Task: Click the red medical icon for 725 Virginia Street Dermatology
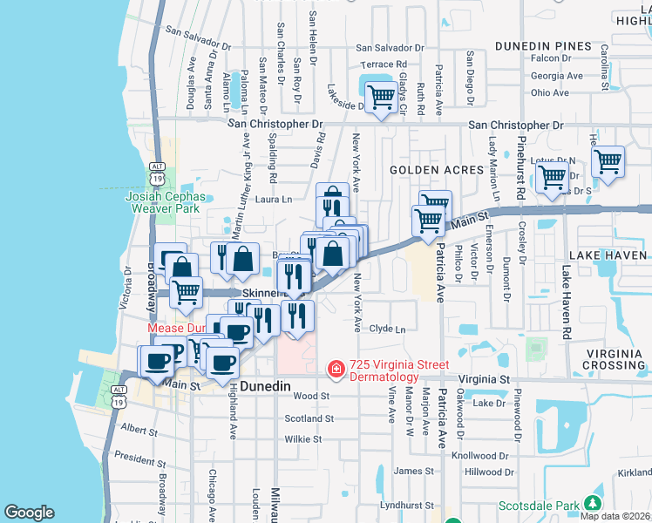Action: [335, 370]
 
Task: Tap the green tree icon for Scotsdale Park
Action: [594, 504]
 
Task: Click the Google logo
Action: [29, 513]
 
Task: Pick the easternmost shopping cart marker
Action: [607, 160]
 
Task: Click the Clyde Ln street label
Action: [388, 329]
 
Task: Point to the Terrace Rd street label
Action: [384, 65]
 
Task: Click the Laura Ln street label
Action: [273, 200]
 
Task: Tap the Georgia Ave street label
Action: [556, 76]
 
